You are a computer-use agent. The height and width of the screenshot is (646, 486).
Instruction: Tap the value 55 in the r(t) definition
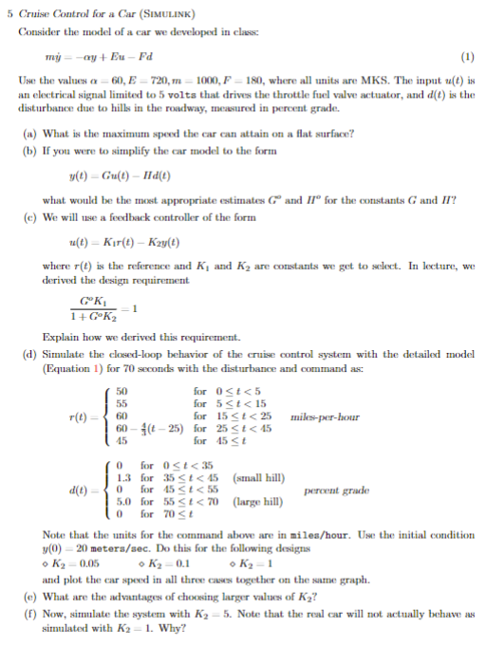pyautogui.click(x=121, y=403)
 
